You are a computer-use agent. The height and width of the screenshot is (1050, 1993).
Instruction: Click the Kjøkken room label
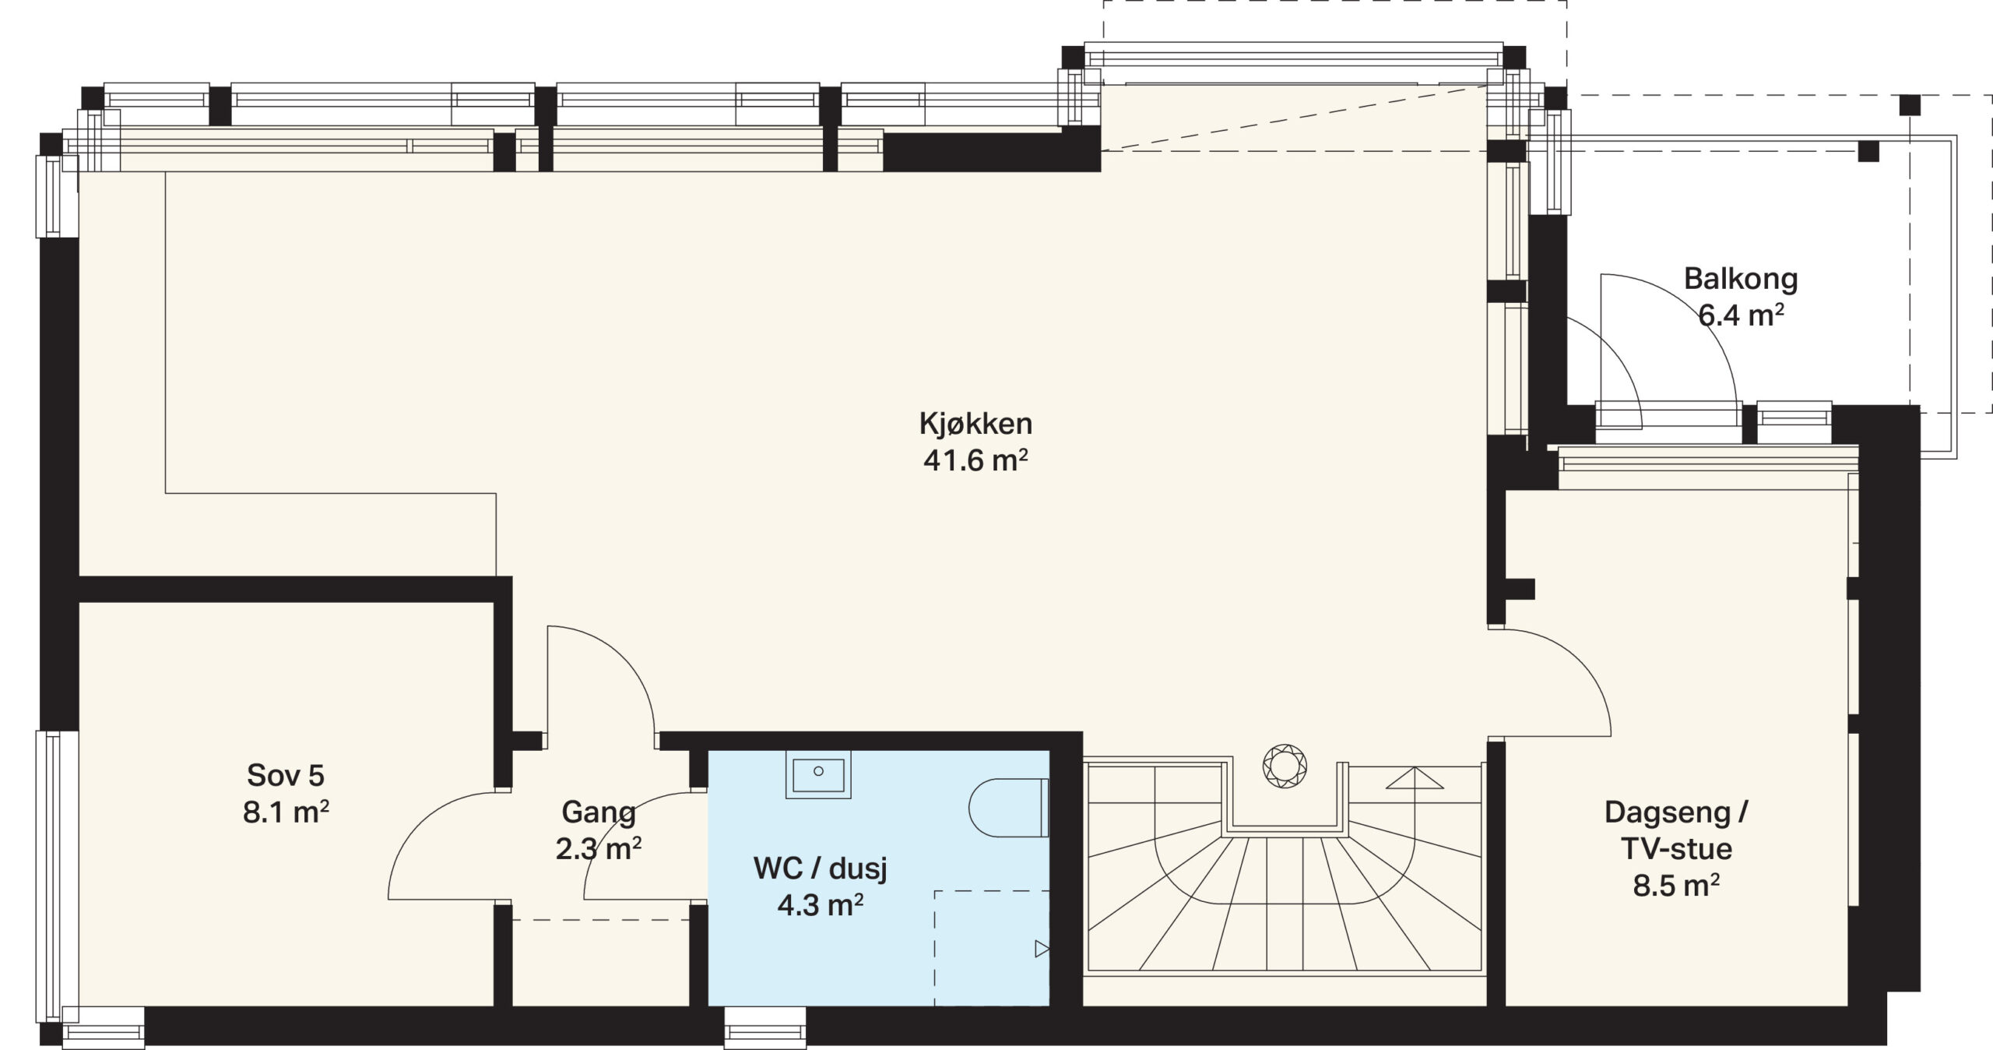coord(975,425)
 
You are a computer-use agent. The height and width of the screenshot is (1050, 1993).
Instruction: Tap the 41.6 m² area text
coord(975,461)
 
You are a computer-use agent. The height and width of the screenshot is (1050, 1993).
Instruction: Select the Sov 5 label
coord(286,776)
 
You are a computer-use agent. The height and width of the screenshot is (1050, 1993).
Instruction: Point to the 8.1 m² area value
coord(286,812)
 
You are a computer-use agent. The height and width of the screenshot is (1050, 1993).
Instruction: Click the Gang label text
coord(599,813)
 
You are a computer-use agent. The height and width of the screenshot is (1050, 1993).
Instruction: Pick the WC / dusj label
coord(821,869)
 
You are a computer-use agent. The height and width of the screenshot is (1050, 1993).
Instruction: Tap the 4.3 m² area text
coord(821,905)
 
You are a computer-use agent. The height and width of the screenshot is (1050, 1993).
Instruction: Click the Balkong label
coord(1741,280)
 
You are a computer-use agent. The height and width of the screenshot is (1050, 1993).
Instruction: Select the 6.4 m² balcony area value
coord(1741,316)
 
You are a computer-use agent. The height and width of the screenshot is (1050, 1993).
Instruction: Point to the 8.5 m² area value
coord(1676,886)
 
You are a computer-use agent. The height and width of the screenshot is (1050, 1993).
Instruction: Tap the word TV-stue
coord(1676,849)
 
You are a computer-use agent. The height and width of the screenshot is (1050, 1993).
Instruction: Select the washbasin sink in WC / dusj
coord(818,775)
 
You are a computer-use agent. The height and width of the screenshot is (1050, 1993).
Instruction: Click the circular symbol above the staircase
coord(1285,767)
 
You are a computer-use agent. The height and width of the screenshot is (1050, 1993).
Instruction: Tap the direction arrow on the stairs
coord(1415,777)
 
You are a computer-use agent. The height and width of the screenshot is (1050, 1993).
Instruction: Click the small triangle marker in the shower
coord(1042,949)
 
